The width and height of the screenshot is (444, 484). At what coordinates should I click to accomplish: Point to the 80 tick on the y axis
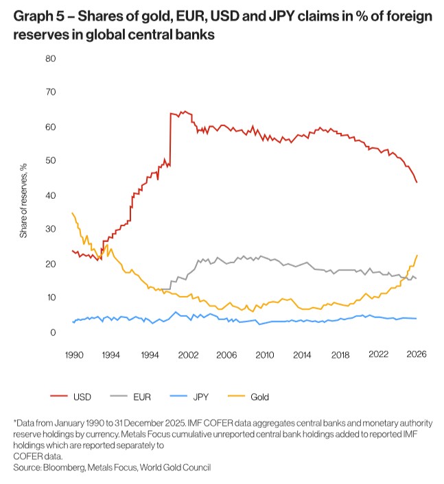tap(50, 58)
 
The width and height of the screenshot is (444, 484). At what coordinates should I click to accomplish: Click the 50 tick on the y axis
tap(50, 161)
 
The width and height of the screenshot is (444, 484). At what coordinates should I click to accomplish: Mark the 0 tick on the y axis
tap(52, 332)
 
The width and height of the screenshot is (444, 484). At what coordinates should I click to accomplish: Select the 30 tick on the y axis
tap(50, 230)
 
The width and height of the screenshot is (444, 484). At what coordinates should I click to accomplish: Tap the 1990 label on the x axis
tap(73, 354)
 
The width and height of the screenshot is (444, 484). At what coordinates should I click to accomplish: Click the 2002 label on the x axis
tap(187, 354)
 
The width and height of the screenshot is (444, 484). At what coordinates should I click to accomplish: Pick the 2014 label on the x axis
tap(301, 354)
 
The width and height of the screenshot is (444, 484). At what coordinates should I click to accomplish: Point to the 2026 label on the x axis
tap(416, 354)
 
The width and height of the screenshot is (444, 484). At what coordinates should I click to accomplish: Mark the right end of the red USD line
tap(417, 182)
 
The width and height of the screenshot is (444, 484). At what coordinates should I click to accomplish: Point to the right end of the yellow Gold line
tap(417, 256)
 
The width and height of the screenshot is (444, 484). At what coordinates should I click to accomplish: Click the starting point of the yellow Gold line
tap(72, 213)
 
